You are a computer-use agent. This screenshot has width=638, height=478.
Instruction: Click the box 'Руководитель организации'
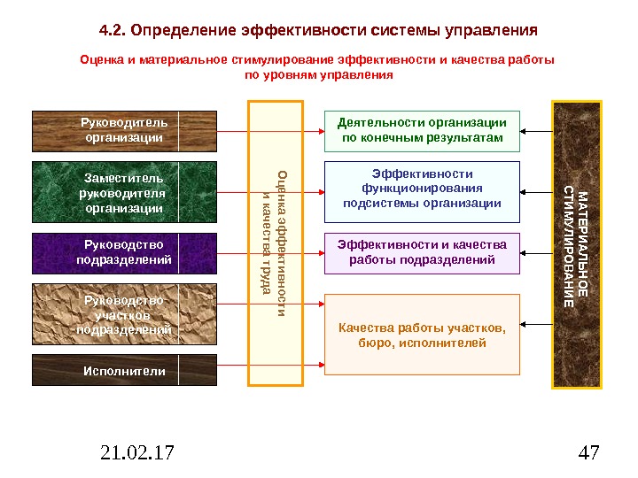coord(124,131)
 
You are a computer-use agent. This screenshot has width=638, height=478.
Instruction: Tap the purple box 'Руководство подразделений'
coord(124,252)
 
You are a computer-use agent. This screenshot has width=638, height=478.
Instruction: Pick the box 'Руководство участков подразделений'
coord(124,314)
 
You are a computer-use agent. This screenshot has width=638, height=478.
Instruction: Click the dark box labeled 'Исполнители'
coord(124,371)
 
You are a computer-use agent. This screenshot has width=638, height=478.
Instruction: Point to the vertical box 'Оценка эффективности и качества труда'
coord(276,243)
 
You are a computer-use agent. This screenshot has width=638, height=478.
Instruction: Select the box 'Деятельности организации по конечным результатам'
coord(422,131)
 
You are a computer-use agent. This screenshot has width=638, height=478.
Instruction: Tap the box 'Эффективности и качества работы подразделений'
coord(422,252)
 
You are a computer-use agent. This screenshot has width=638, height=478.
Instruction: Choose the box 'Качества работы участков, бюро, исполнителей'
coord(422,335)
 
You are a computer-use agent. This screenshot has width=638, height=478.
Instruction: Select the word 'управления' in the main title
coord(493,30)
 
